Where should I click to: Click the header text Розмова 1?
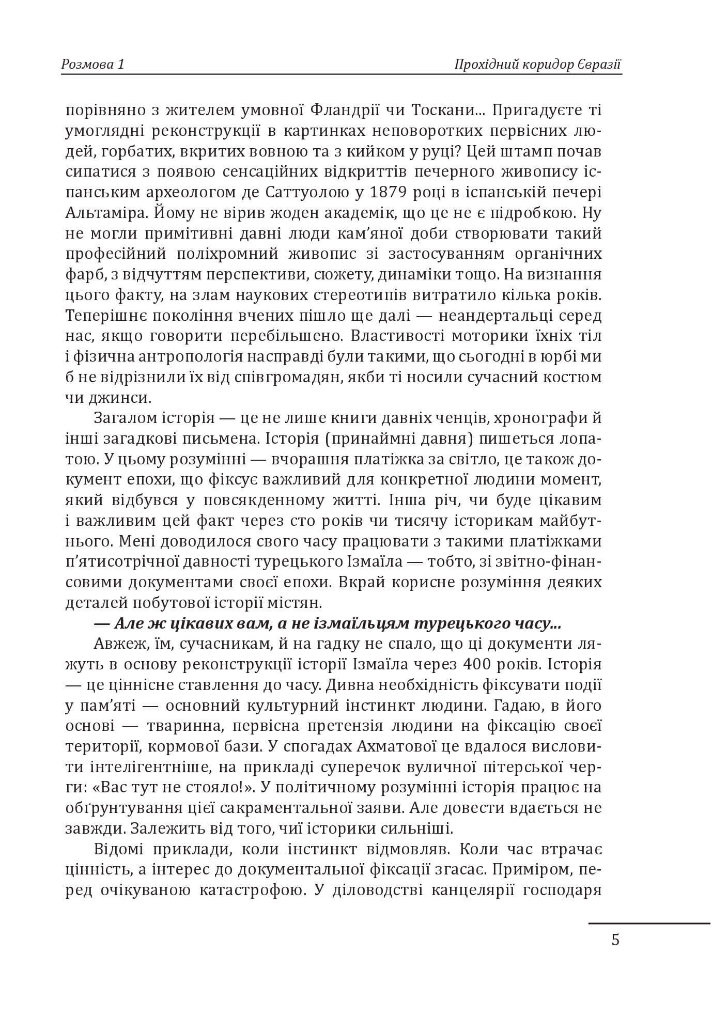pyautogui.click(x=93, y=65)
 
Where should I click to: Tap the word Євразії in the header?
pyautogui.click(x=598, y=65)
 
